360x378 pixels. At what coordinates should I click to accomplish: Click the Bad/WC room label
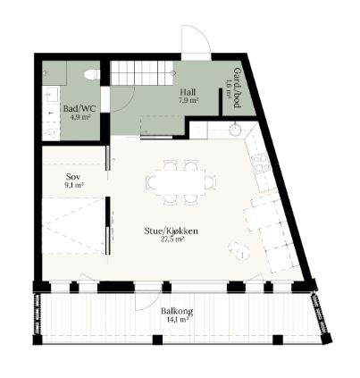(80, 108)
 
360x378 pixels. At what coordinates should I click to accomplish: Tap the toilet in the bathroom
(92, 74)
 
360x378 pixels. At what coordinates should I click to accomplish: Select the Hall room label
(188, 92)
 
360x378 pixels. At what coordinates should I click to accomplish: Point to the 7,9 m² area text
(188, 100)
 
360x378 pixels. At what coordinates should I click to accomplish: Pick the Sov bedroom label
(73, 177)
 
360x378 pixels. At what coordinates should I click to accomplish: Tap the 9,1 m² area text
(74, 185)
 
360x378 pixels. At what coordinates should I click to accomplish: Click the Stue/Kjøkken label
(172, 231)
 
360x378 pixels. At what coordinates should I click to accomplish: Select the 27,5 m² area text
(172, 239)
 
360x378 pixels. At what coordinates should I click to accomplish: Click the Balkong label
(177, 311)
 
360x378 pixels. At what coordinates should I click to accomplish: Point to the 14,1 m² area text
(178, 320)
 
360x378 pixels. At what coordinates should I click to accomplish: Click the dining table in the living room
(180, 182)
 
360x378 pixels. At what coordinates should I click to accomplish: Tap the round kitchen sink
(236, 130)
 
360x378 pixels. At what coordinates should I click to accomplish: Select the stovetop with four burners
(262, 164)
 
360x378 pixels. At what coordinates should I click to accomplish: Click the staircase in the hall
(142, 73)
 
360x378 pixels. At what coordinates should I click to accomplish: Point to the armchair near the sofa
(239, 250)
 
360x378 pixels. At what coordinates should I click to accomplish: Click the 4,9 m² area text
(80, 117)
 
